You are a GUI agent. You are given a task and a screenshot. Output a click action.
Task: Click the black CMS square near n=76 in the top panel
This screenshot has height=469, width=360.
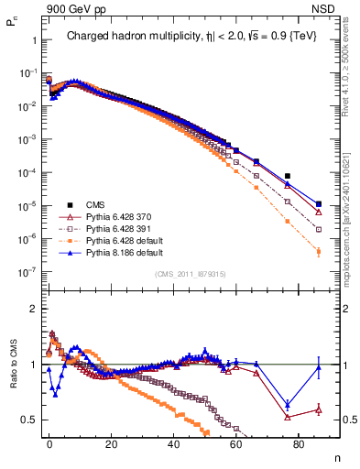(x=288, y=176)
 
